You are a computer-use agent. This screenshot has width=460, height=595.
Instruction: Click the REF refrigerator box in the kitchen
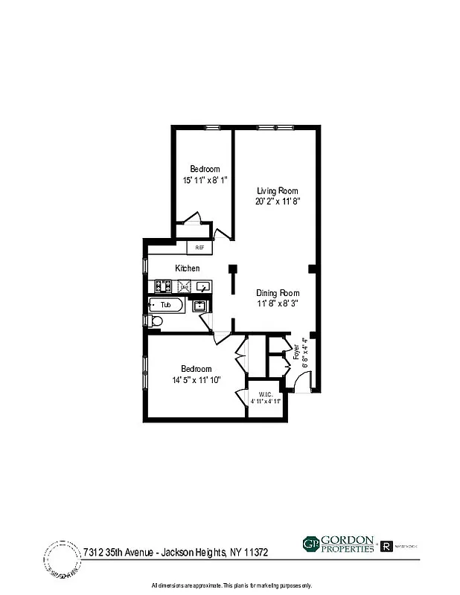click(x=199, y=248)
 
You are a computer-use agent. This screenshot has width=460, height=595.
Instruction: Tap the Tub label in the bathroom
click(x=165, y=305)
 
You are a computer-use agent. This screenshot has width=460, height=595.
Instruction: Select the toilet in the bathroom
click(x=153, y=321)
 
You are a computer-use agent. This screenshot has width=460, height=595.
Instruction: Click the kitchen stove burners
click(x=164, y=286)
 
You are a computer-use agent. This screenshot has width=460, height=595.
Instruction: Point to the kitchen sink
click(x=203, y=286)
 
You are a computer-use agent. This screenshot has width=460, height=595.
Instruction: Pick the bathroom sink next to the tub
click(x=199, y=305)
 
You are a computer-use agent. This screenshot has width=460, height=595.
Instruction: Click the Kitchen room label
click(x=188, y=268)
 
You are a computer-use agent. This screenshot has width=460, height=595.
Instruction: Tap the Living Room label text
click(x=278, y=190)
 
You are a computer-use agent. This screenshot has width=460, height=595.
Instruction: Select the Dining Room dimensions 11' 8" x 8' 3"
click(x=278, y=303)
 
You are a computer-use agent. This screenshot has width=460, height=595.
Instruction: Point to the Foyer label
click(x=296, y=351)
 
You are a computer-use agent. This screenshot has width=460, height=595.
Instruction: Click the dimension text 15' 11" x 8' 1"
click(x=205, y=180)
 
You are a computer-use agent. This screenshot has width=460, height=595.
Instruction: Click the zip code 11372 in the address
click(x=253, y=553)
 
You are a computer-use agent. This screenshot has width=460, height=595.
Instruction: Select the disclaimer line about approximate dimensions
click(x=231, y=585)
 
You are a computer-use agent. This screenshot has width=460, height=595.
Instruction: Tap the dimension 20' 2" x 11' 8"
click(x=278, y=201)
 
